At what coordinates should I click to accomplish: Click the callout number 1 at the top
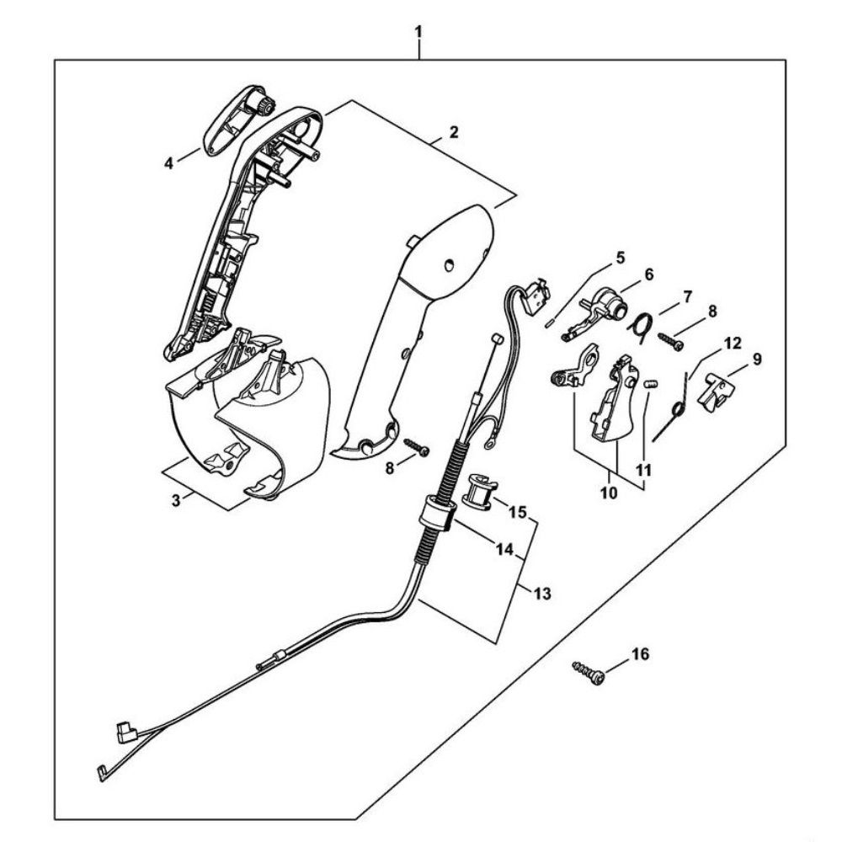point(418,31)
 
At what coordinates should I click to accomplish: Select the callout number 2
point(454,132)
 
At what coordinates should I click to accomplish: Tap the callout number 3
point(176,500)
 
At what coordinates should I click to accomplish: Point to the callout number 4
point(169,163)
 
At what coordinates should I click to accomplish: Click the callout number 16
point(640,654)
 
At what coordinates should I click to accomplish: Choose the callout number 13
point(542,594)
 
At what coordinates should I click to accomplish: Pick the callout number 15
point(518,512)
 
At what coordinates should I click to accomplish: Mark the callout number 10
point(609,493)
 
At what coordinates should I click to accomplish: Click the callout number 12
point(733,343)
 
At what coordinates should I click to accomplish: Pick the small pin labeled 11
point(650,386)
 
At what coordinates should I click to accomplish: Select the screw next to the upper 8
point(671,339)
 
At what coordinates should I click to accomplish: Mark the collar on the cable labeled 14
point(434,514)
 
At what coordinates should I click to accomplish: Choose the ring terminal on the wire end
point(490,443)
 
